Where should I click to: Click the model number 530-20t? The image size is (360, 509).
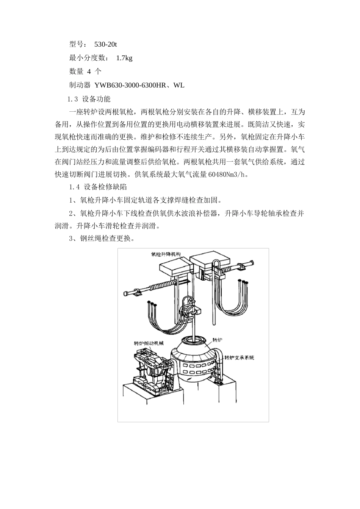coord(105,44)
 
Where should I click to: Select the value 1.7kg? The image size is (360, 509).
coord(124,58)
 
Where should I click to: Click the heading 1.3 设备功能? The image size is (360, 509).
coord(89,99)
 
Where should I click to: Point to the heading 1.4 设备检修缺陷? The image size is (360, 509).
coord(98,187)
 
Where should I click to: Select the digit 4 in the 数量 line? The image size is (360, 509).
coord(89,72)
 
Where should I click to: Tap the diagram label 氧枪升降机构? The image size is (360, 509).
coord(166,254)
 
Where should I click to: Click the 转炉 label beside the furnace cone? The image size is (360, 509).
coord(218,340)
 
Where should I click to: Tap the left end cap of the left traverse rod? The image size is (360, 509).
coord(126,294)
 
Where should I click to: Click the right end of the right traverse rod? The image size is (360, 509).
coord(252,263)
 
